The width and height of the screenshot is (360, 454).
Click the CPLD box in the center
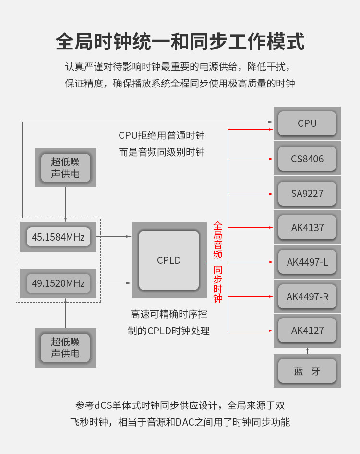click(x=169, y=260)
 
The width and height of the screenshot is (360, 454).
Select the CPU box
click(x=307, y=123)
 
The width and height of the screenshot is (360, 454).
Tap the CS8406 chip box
click(x=307, y=159)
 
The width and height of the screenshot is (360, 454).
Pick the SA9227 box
click(x=307, y=193)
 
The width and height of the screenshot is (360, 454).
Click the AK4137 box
click(x=307, y=227)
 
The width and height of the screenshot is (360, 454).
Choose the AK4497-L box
click(x=307, y=262)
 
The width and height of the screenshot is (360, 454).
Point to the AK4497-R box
click(x=307, y=297)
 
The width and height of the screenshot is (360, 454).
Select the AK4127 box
click(x=307, y=331)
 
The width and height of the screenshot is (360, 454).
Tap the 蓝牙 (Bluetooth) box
click(x=307, y=371)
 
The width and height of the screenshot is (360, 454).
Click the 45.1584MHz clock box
click(x=58, y=237)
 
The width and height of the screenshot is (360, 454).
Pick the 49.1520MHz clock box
click(x=58, y=283)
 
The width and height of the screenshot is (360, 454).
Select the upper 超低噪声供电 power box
click(x=65, y=168)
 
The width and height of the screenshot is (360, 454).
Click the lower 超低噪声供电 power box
click(x=65, y=348)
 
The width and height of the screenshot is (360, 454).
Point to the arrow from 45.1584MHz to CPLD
click(x=114, y=236)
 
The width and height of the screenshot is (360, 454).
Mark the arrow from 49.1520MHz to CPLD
click(x=114, y=283)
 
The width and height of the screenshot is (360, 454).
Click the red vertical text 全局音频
click(x=218, y=240)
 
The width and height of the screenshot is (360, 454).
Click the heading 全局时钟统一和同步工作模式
click(x=180, y=41)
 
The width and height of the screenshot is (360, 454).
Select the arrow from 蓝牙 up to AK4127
click(x=307, y=351)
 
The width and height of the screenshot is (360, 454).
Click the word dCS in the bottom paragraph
click(x=103, y=405)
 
